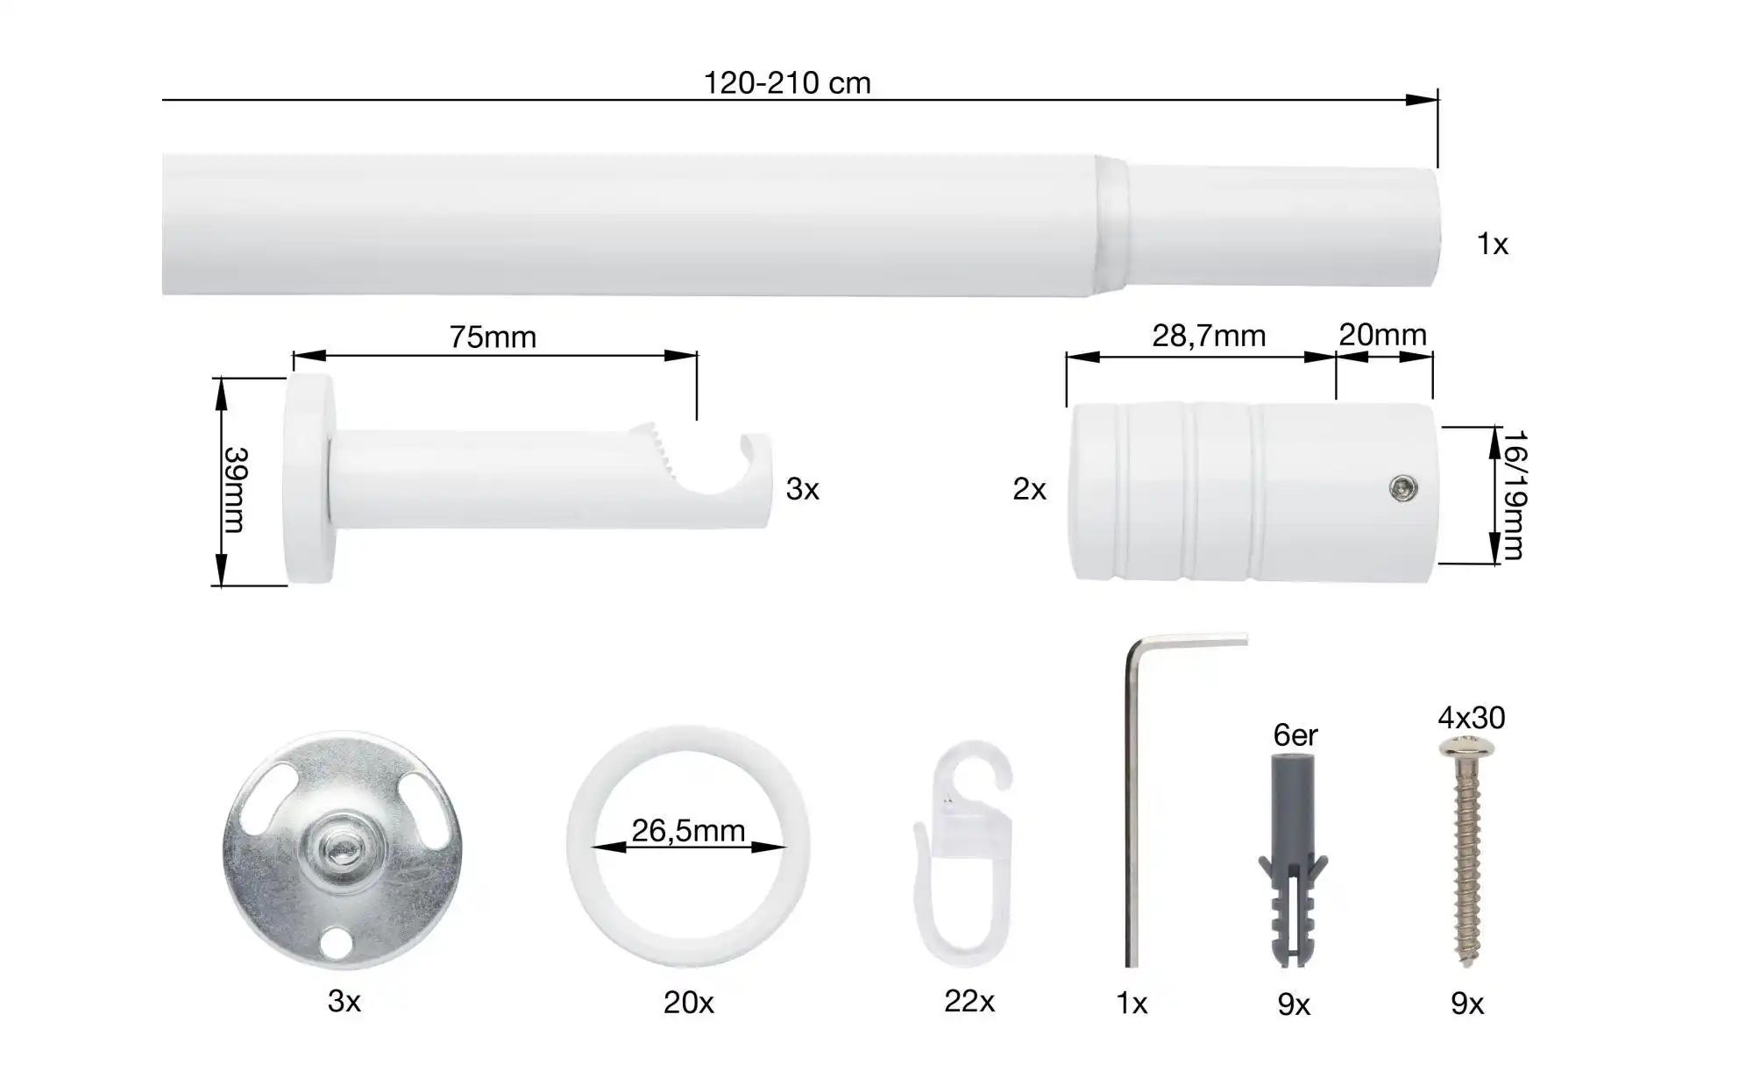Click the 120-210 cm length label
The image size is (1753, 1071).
[787, 83]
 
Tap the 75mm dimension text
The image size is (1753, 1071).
[493, 337]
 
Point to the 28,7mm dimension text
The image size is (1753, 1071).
[1209, 337]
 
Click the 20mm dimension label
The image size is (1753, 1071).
[1382, 335]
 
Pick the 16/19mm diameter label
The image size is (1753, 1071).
[1514, 494]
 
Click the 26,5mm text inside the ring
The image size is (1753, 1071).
[688, 830]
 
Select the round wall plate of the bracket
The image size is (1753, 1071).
[309, 479]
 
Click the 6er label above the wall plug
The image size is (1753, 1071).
[1295, 735]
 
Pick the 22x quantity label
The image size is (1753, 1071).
[969, 1001]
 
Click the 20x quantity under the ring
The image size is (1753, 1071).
[688, 1003]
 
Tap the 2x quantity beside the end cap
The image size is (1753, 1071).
[1029, 489]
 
